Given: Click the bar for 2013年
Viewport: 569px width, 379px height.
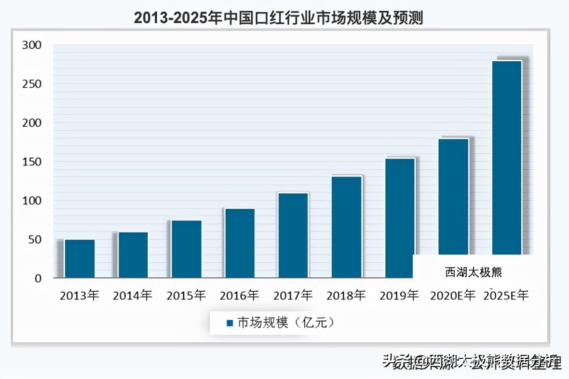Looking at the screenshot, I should (x=80, y=258).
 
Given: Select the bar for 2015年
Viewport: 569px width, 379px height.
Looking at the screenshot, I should (x=187, y=249).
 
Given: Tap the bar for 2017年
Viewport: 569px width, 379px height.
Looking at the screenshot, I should (x=293, y=235).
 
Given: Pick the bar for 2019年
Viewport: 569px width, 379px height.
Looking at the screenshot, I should (x=400, y=217).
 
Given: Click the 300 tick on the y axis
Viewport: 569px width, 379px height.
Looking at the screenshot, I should (x=32, y=45).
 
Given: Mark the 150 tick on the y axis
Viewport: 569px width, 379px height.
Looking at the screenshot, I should (x=32, y=162).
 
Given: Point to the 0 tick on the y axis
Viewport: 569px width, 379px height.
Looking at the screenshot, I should (x=38, y=278).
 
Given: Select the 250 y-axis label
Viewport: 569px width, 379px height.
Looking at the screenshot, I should (x=32, y=84).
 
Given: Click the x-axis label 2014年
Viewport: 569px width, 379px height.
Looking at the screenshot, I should (x=133, y=296).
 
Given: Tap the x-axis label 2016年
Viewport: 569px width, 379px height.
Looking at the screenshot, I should (x=239, y=296).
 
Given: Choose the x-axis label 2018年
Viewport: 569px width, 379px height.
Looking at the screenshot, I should (x=346, y=296).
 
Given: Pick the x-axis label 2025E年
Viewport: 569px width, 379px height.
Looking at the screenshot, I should (x=506, y=296).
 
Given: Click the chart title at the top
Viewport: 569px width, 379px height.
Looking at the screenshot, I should (x=278, y=18).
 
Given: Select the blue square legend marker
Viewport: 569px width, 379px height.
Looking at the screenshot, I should (x=230, y=323).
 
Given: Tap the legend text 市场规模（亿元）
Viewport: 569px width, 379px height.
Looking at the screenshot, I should (x=285, y=323).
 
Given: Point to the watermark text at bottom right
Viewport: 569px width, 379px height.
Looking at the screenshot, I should (x=473, y=361).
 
